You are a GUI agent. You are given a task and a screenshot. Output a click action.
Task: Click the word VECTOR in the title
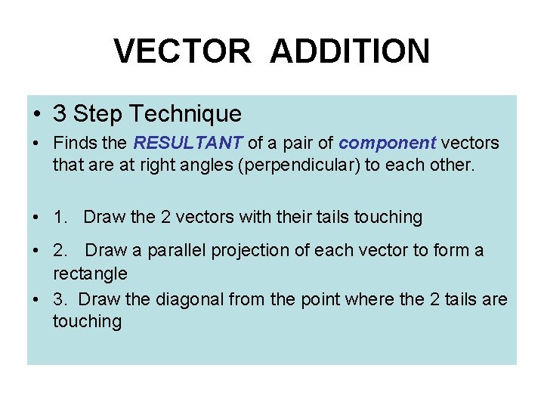click(181, 51)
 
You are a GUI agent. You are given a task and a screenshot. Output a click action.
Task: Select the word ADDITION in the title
click(350, 51)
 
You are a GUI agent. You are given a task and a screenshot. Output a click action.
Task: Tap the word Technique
click(185, 114)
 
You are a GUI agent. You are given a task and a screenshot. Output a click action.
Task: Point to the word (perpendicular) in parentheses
click(298, 165)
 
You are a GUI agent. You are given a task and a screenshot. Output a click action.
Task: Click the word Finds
click(73, 143)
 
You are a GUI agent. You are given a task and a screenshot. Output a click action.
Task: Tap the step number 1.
click(60, 218)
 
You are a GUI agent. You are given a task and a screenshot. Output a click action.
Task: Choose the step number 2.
click(60, 250)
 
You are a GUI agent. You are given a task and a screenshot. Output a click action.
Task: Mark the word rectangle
click(90, 273)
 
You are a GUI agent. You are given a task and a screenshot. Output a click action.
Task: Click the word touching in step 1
click(391, 218)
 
